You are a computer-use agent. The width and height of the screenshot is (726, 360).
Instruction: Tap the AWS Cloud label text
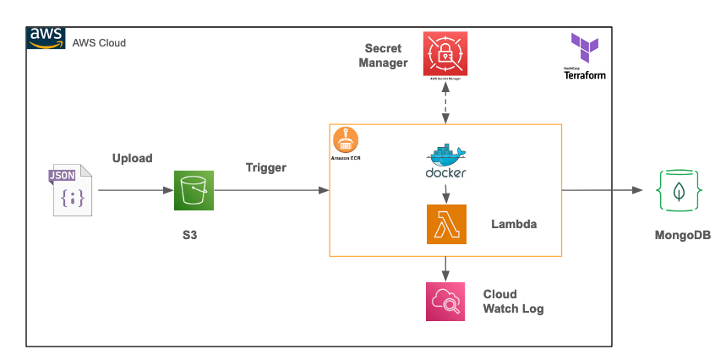tap(100, 42)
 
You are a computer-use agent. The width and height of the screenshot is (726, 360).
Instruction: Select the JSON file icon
tap(70, 190)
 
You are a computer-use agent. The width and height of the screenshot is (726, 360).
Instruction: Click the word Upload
tap(133, 158)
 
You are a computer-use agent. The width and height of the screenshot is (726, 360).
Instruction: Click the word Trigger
tap(266, 167)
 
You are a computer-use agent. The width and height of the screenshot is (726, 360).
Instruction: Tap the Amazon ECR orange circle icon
tap(347, 139)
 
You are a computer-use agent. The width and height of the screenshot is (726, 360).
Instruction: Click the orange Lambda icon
tap(446, 225)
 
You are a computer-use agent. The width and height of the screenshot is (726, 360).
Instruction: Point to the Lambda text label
tap(514, 225)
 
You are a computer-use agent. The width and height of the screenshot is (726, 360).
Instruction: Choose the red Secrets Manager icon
tap(445, 53)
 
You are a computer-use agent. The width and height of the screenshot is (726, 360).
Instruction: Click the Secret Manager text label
tap(383, 55)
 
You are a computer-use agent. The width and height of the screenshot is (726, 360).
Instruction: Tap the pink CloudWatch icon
tap(446, 301)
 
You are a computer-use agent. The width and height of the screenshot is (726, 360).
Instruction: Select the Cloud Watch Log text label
tap(513, 302)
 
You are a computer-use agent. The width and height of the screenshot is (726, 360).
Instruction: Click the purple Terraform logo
tap(584, 47)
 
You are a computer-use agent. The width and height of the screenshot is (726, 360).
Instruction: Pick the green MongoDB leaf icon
tap(678, 190)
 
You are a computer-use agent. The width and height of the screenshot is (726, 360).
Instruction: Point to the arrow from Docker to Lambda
tap(446, 192)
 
